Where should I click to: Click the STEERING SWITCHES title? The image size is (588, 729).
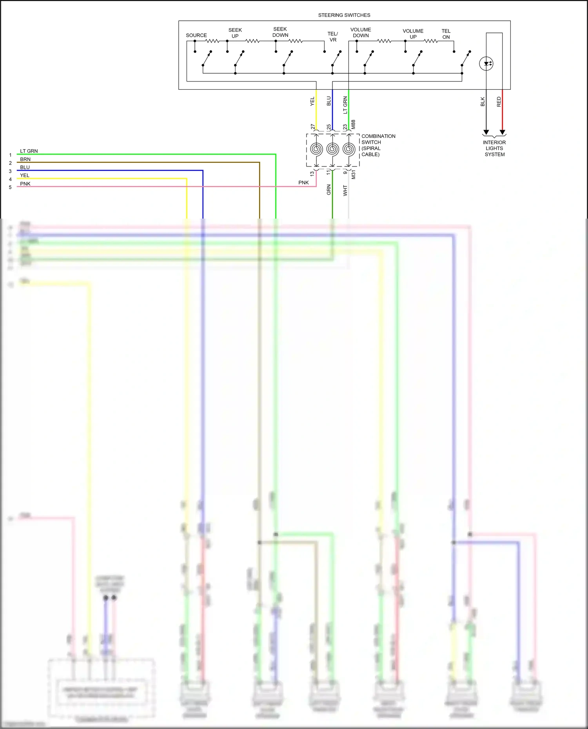pos(344,15)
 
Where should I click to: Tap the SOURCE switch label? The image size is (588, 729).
pos(196,35)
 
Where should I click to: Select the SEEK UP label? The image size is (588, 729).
pos(235,33)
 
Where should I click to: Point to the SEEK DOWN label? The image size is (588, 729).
pos(280,32)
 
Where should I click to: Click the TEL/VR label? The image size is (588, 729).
pos(332,37)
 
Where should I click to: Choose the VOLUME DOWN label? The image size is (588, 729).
pos(360,33)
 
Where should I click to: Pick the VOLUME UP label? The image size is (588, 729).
pos(413,34)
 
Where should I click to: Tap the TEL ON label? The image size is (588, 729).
pos(446,34)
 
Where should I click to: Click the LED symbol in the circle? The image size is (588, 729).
pos(486,63)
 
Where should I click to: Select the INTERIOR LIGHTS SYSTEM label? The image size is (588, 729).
pos(494,148)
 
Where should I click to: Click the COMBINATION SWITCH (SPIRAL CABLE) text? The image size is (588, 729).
pos(377,145)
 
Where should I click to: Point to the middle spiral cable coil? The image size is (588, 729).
pos(332,149)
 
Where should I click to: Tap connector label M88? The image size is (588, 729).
pos(353,125)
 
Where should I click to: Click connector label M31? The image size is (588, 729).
pos(353,175)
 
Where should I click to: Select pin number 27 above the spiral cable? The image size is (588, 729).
pos(313,127)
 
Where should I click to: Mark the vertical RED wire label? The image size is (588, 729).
pos(499,102)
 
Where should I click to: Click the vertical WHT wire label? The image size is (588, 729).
pos(345,191)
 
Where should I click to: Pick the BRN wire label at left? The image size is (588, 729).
pos(25,159)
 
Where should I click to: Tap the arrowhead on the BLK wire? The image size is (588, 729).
pos(486,132)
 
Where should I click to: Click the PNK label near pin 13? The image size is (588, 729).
pos(303,183)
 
